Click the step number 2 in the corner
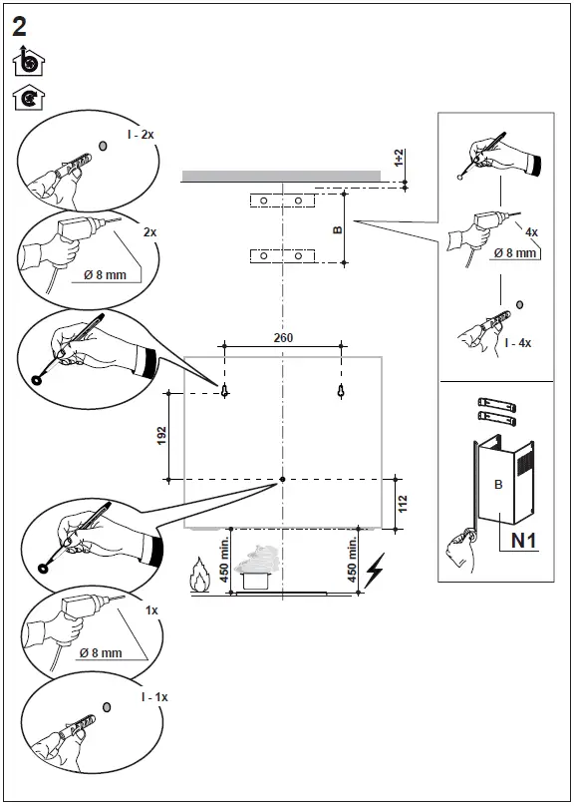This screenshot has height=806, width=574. point(19,26)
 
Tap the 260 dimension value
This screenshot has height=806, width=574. point(283,338)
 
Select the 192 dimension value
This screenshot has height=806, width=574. point(162,435)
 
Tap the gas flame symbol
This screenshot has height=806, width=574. point(199,576)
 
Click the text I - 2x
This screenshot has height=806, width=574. point(141,135)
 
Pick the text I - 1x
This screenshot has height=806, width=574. point(154,697)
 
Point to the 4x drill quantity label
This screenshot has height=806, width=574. point(531,231)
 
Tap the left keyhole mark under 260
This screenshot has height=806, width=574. point(226,390)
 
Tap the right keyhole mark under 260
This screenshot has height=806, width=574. point(340,390)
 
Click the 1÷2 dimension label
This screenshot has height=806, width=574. point(399,158)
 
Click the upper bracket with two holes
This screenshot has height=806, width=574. point(283,201)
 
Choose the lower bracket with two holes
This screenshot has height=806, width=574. point(283,255)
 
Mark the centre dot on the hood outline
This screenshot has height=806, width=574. point(283,480)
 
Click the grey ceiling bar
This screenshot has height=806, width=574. point(281,177)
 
